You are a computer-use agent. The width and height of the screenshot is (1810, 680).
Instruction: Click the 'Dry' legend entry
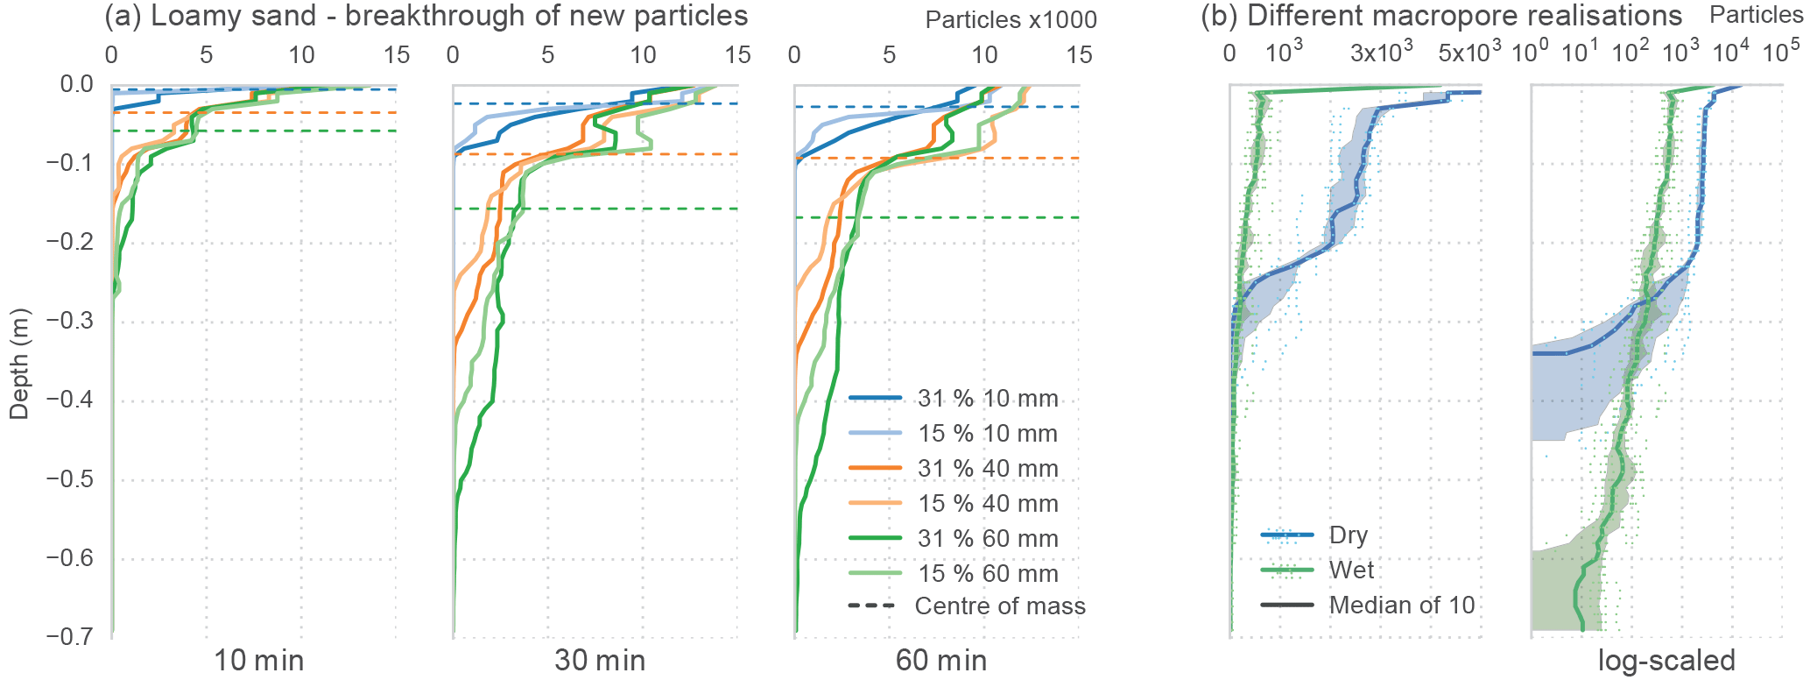(1348, 535)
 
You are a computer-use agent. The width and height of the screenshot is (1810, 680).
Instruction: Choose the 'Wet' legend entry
(1351, 570)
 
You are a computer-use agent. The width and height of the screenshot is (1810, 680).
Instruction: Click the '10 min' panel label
(259, 661)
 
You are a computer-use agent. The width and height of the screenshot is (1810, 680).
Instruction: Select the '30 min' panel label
(600, 661)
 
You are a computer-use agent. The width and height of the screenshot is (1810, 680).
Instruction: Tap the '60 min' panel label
(941, 661)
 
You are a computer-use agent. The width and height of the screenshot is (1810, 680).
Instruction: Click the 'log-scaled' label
(1666, 661)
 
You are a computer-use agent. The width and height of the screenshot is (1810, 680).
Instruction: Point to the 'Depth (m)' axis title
(19, 364)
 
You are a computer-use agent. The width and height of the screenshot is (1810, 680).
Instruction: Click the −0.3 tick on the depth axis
(69, 322)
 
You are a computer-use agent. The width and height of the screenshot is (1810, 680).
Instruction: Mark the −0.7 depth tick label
(69, 637)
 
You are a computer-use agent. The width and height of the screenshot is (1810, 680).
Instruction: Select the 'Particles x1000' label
(1011, 20)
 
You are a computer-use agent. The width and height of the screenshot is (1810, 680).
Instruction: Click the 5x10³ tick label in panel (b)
(1469, 53)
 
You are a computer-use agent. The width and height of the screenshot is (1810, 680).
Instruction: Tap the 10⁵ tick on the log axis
(1781, 53)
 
